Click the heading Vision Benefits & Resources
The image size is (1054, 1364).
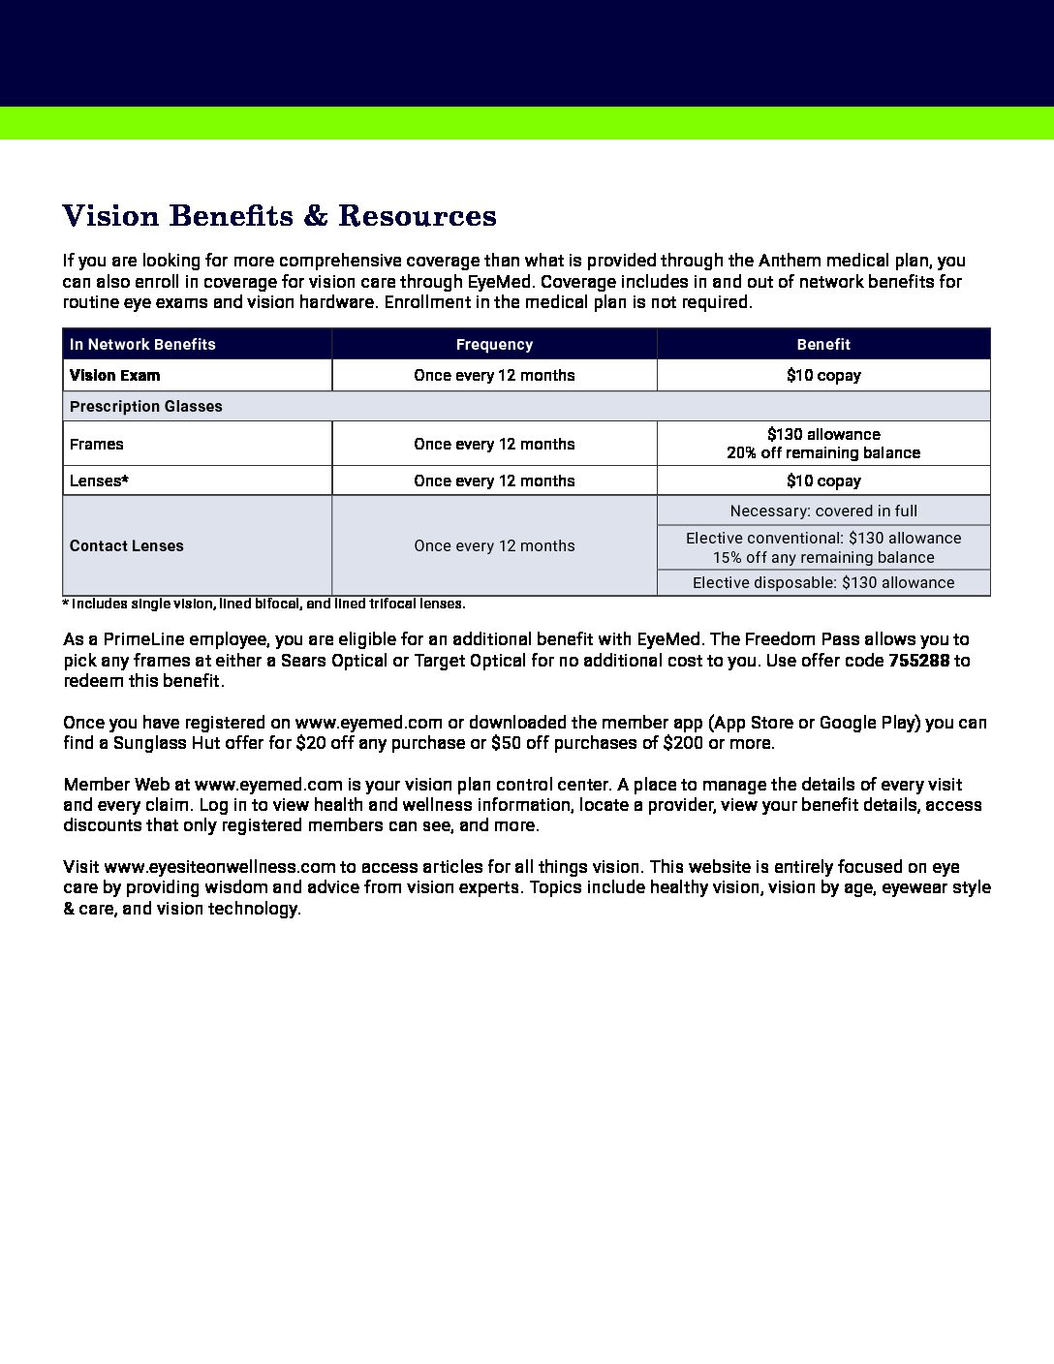tap(279, 215)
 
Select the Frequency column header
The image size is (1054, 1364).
tap(494, 344)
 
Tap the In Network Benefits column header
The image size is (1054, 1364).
tap(142, 344)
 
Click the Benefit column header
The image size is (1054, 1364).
tap(823, 344)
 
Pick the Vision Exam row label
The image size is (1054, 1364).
tap(115, 375)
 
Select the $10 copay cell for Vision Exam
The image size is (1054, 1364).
tap(823, 375)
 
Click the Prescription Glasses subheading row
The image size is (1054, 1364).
tap(146, 406)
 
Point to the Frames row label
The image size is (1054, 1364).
tap(97, 444)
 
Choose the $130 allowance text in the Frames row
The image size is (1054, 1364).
tap(823, 434)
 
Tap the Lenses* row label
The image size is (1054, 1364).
tap(99, 480)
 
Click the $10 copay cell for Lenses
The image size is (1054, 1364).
tap(823, 480)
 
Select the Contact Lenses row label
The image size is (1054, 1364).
tap(127, 545)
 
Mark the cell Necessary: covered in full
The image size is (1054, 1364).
tap(823, 511)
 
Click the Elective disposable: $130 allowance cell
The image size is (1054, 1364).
tap(823, 582)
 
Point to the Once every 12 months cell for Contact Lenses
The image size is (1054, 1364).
tap(494, 545)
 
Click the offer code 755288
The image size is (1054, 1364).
tap(918, 660)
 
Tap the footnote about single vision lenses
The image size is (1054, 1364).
tap(263, 604)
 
